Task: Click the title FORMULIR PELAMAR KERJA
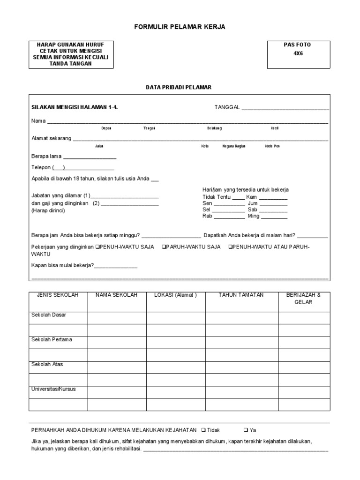(x=180, y=27)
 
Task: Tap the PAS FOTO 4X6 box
(x=297, y=54)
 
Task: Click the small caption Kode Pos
(x=272, y=146)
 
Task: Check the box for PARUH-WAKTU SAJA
(x=164, y=247)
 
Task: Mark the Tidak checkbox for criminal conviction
(x=202, y=430)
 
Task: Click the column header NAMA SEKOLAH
(x=116, y=295)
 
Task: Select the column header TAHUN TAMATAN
(x=241, y=295)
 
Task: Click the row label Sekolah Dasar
(x=49, y=315)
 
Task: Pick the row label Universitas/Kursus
(x=53, y=389)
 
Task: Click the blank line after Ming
(x=274, y=217)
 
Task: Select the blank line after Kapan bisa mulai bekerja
(x=116, y=267)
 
